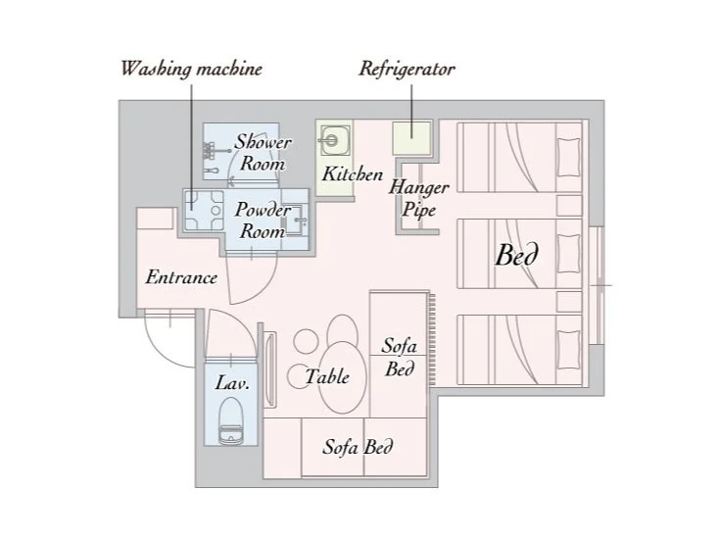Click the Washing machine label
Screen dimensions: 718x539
coord(191,70)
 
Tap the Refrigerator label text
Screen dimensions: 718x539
coord(407,70)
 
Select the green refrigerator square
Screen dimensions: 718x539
coord(411,138)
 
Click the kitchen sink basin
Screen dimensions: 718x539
coord(335,140)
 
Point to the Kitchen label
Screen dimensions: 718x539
coord(352,174)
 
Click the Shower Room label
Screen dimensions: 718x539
coord(263,153)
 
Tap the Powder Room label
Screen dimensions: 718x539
coord(263,220)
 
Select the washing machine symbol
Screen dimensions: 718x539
coord(204,210)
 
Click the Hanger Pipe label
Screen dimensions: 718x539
coord(418,199)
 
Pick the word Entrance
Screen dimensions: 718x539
coord(181,277)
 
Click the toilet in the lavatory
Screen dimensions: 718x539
coord(230,421)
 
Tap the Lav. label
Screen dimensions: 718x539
coord(232,383)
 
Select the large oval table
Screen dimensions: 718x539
coord(343,378)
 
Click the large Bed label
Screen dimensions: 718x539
coord(516,255)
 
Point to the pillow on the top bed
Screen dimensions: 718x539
coord(569,157)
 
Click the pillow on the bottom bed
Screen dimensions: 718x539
coord(569,349)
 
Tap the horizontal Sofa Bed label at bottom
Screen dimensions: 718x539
coord(358,447)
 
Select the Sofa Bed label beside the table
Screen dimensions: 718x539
coord(400,357)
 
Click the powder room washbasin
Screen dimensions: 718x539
coord(296,220)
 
